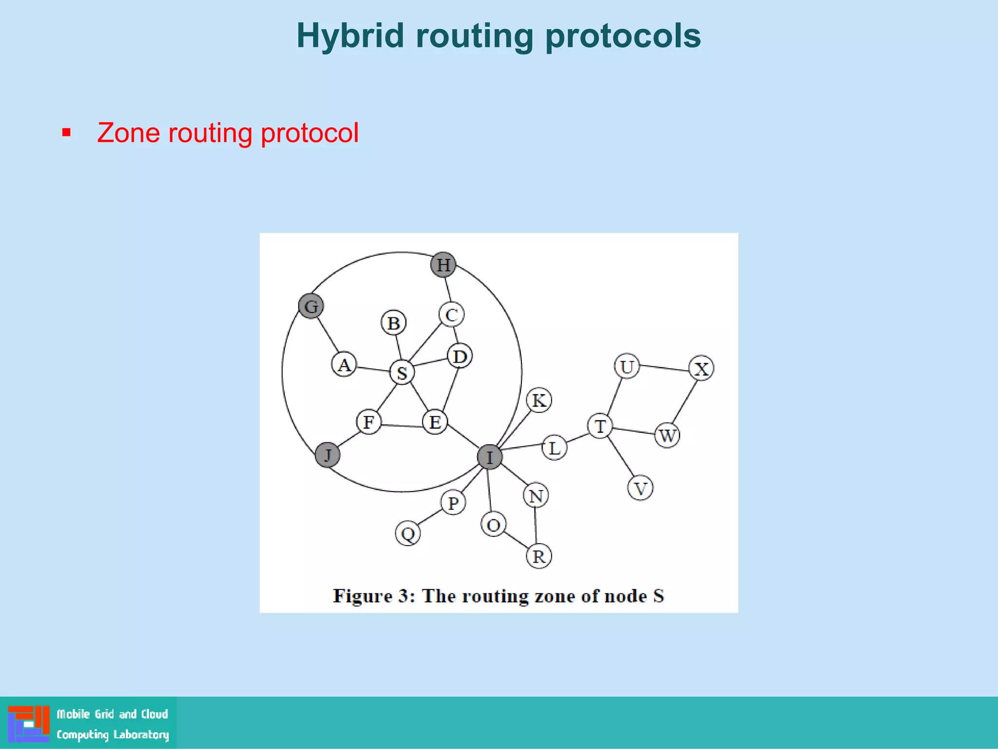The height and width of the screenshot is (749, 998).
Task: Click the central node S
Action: (x=402, y=373)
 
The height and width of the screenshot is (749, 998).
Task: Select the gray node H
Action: (x=443, y=265)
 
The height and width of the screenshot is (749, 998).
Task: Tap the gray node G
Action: (x=311, y=306)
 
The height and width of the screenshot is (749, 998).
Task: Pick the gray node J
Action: (x=327, y=455)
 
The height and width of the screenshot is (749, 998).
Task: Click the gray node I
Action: (x=490, y=457)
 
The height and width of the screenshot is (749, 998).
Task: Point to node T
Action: (x=600, y=426)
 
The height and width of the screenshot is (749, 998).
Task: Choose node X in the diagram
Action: (x=701, y=369)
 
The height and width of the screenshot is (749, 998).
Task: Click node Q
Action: (x=408, y=533)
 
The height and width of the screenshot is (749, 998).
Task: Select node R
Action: (x=539, y=556)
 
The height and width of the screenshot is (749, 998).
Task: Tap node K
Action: (x=539, y=400)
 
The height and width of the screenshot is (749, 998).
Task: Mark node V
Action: (x=640, y=488)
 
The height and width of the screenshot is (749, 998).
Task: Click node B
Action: (x=394, y=323)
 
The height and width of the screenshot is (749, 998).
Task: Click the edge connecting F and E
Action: (x=402, y=426)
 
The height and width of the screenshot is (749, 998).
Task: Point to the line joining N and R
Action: (x=536, y=526)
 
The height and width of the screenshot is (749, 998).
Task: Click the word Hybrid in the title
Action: (x=350, y=36)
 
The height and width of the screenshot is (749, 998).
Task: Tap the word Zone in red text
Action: (x=128, y=133)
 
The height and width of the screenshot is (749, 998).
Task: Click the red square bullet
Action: (x=67, y=133)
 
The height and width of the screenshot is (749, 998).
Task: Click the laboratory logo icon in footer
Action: (x=29, y=723)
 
